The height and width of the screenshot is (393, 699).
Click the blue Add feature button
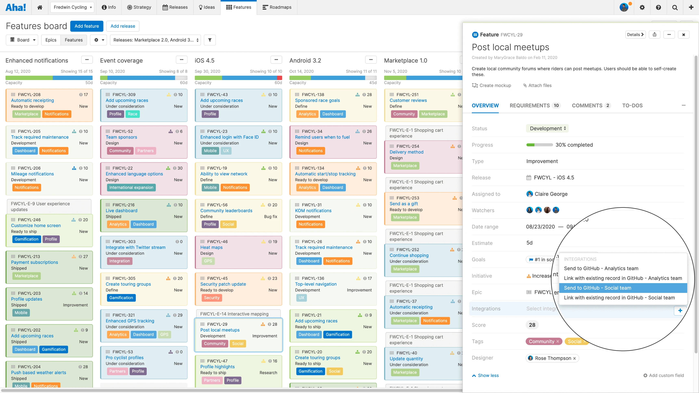87,26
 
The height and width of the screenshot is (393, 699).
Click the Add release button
123,26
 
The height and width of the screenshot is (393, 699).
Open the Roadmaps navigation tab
277,7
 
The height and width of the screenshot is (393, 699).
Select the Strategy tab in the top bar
139,7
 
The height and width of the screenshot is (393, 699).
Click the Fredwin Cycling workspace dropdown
72,7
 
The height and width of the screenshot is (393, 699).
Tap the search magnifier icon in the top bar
675,7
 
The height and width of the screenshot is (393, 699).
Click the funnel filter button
210,40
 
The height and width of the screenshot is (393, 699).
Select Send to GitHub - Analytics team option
601,268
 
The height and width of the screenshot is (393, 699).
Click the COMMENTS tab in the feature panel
590,105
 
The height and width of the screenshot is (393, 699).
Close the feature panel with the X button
684,35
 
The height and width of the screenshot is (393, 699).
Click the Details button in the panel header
635,35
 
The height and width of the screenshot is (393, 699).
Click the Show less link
488,375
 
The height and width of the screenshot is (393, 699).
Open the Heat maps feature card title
211,247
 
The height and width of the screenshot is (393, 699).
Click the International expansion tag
131,187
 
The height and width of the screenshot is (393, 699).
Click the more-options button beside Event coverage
181,60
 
